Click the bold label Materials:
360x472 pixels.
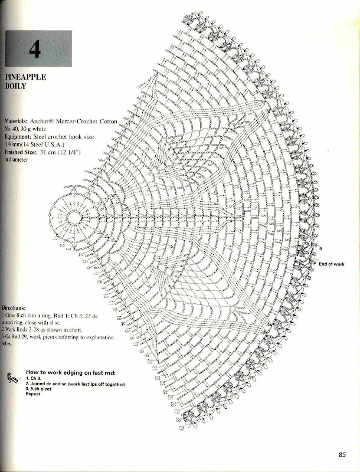tap(21, 120)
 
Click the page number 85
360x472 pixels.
tap(342, 454)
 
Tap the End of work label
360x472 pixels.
tap(331, 264)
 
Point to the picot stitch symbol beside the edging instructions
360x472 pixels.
tap(12, 378)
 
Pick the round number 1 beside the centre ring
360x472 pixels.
tap(54, 240)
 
